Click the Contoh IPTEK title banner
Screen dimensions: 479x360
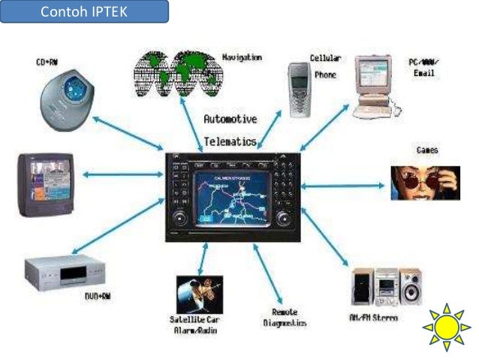pos(84,11)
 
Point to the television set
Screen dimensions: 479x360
pos(47,183)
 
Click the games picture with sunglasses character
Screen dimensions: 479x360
pos(424,182)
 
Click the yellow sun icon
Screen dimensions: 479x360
pos(446,328)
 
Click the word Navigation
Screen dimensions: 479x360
pos(242,57)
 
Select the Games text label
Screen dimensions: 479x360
pos(427,150)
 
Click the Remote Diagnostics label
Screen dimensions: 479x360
pos(285,317)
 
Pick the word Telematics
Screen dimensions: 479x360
pos(230,141)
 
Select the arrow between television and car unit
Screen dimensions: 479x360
pos(119,174)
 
